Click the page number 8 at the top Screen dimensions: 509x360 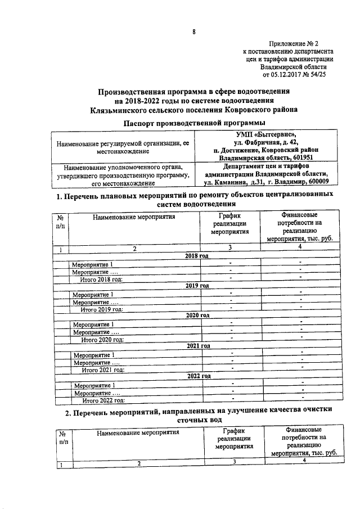(x=193, y=32)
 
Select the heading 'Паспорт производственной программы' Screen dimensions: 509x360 (x=194, y=123)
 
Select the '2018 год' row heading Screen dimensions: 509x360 (x=197, y=255)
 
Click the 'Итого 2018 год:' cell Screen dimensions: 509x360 (x=102, y=278)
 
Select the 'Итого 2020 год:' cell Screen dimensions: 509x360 (x=102, y=339)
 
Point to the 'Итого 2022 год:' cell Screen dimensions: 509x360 (x=102, y=400)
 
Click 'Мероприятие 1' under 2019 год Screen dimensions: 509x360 (x=93, y=294)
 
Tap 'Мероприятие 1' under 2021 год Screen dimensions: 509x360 (x=93, y=355)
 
